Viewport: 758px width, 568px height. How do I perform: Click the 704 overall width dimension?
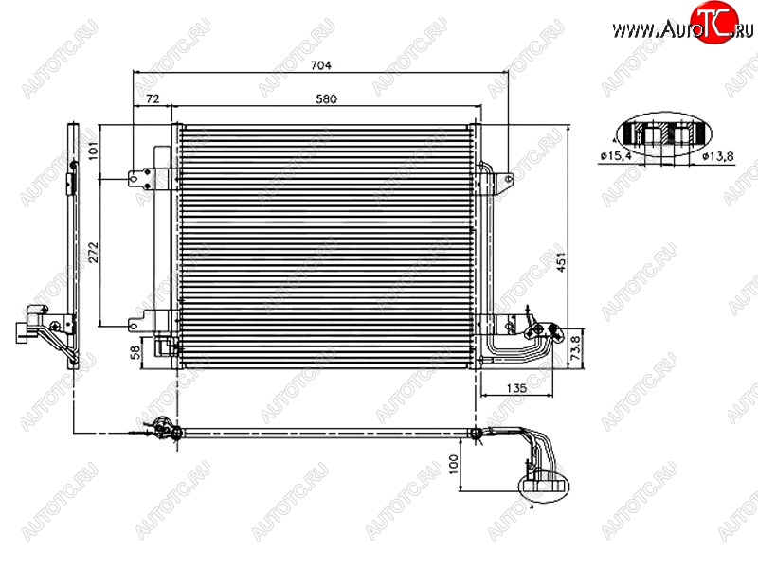[x=321, y=64]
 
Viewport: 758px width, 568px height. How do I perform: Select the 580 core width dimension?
[x=326, y=99]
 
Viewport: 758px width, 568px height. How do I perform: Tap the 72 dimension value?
[x=153, y=99]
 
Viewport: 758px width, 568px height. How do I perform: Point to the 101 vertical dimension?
[x=92, y=151]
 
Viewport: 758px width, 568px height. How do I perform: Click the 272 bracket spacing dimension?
[x=92, y=253]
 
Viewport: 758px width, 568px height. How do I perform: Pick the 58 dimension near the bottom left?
[x=135, y=351]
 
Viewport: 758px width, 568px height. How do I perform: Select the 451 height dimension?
[x=561, y=262]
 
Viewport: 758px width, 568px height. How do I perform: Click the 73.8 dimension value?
[x=575, y=348]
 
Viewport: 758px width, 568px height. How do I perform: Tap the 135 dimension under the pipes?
[x=516, y=388]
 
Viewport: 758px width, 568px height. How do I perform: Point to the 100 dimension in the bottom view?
[x=454, y=464]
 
